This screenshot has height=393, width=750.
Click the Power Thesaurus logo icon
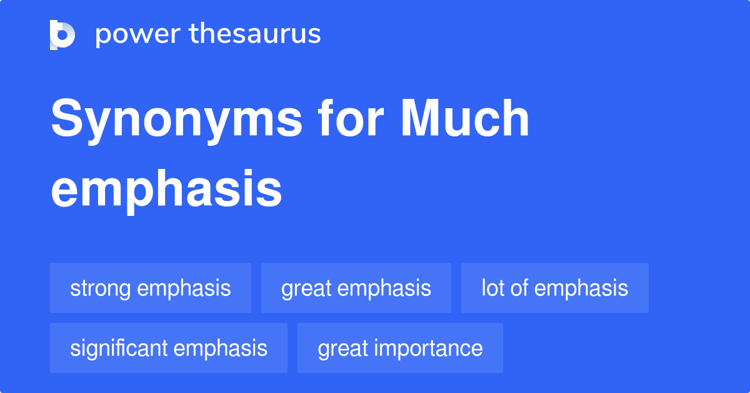coord(62,34)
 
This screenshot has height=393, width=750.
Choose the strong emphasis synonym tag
coord(151,288)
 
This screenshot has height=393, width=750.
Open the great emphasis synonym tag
coord(356,288)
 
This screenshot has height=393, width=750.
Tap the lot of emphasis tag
coord(555,288)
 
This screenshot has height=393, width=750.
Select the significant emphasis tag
coord(169,348)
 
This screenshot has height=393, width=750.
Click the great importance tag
coord(400,348)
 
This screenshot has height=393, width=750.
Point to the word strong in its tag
coord(100,288)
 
